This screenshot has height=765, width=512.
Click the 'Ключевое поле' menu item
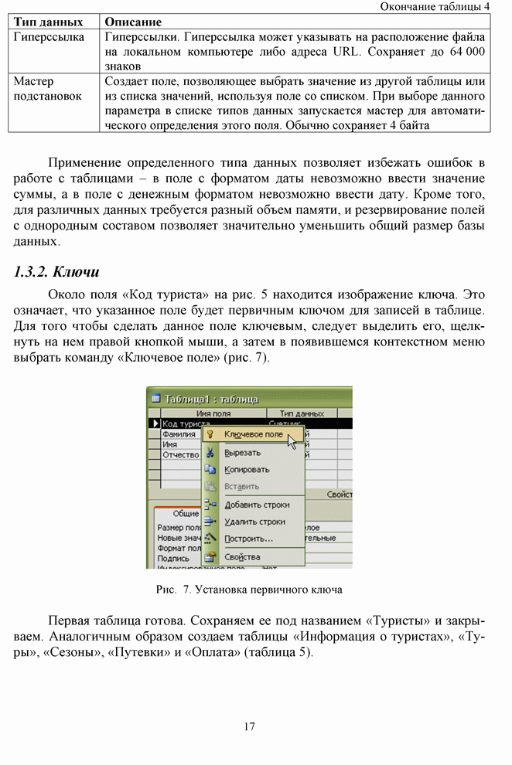(253, 435)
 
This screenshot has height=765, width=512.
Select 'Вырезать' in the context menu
(241, 453)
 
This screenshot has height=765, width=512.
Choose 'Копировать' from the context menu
(246, 470)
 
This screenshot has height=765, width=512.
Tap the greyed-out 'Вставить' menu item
(241, 487)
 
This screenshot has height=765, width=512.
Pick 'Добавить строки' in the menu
(256, 505)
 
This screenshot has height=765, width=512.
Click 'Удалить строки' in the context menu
(254, 522)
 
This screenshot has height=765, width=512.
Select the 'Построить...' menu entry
(247, 539)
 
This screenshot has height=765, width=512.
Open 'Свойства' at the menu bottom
(241, 556)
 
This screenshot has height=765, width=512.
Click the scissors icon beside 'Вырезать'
(210, 453)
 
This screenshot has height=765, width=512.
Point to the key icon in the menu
(210, 435)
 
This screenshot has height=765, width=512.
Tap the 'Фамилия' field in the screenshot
(179, 434)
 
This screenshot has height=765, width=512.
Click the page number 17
(249, 726)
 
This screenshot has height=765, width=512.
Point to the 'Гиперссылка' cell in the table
(49, 37)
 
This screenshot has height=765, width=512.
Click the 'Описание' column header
(132, 22)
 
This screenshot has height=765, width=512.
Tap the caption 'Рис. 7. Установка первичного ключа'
(249, 590)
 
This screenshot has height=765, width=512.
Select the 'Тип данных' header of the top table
(48, 22)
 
